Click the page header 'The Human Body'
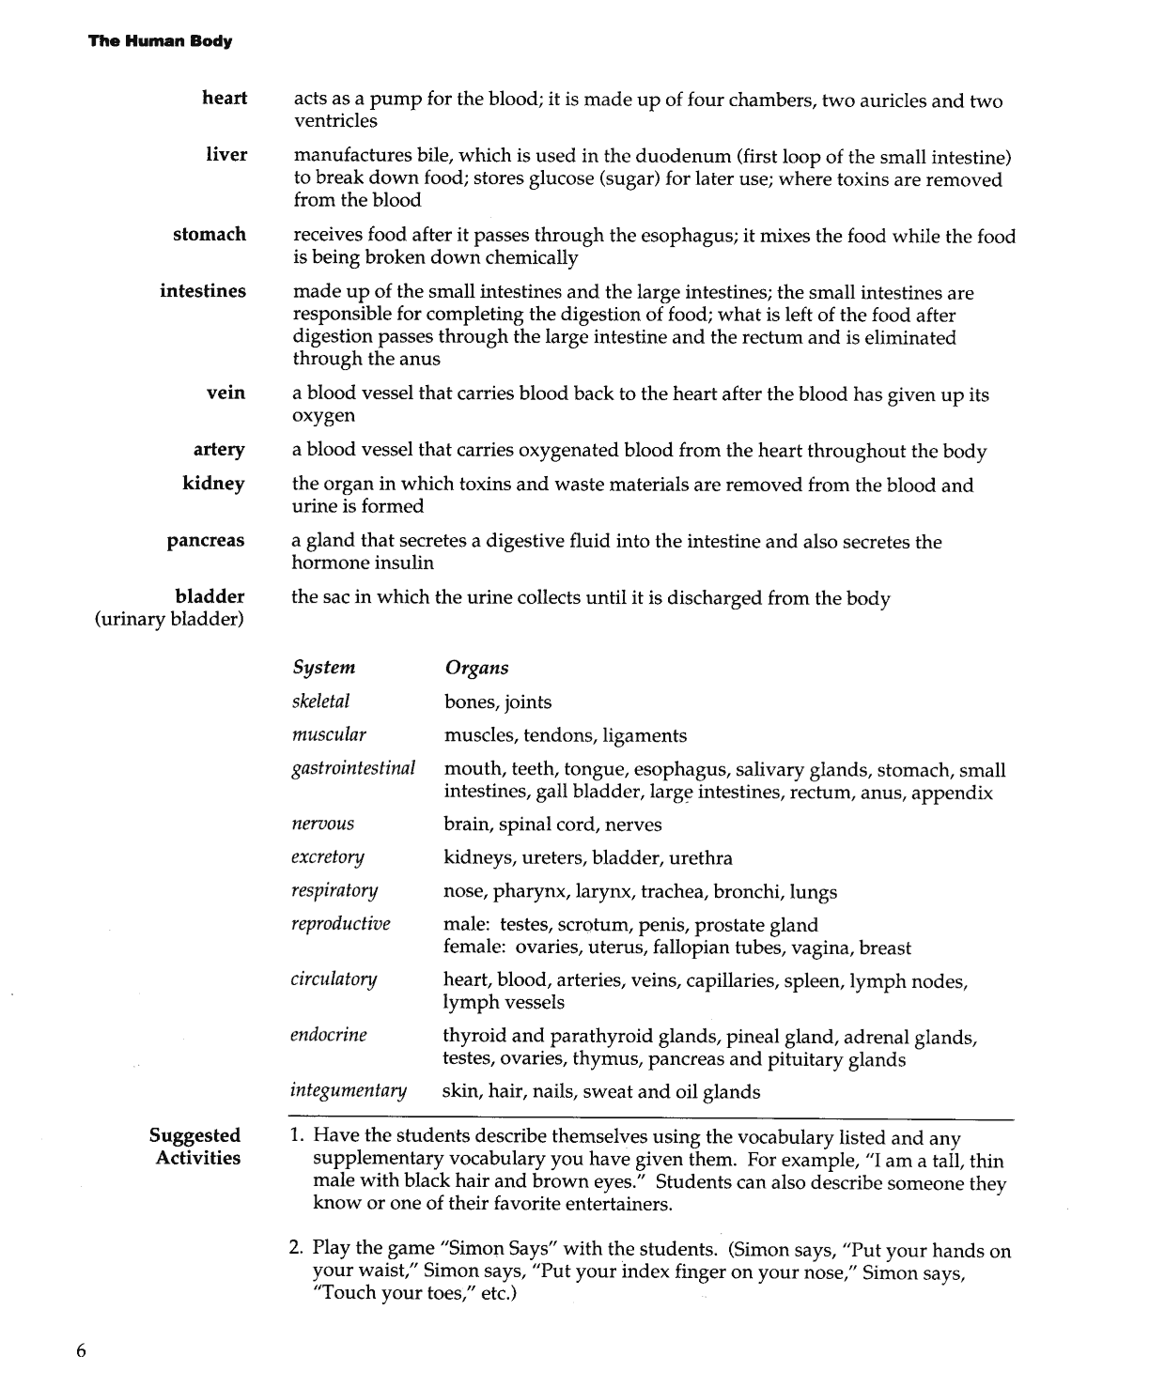pos(160,41)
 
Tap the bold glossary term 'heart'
pos(225,99)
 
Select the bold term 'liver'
pos(226,155)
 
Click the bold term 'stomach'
pos(210,235)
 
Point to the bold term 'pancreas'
pos(206,541)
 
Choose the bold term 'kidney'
pos(213,484)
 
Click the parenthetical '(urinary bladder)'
pos(170,620)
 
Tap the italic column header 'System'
pos(323,668)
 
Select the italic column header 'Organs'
pos(476,668)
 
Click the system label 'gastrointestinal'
pos(353,768)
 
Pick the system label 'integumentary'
pos(349,1090)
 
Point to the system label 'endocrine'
pos(329,1035)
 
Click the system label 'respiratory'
pos(334,890)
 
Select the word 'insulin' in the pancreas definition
pos(403,563)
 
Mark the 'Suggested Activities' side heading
pos(195,1147)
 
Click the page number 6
pos(81,1351)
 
